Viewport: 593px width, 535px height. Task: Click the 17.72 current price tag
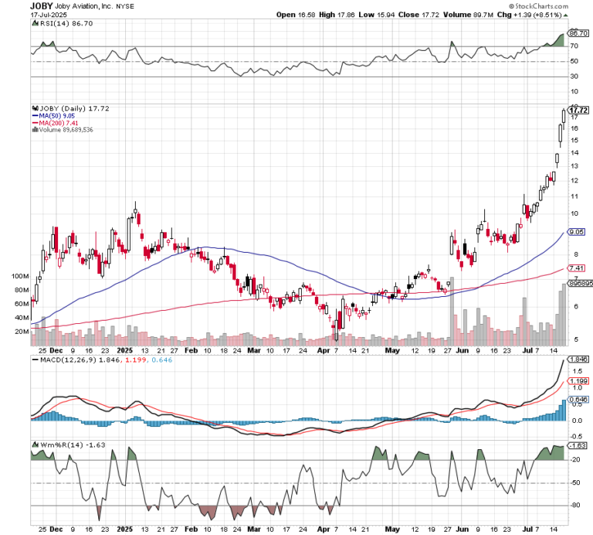pyautogui.click(x=578, y=110)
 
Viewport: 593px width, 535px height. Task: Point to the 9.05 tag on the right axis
pyautogui.click(x=575, y=231)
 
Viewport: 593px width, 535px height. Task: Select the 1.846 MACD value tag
pyautogui.click(x=577, y=360)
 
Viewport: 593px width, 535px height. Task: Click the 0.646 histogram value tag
pyautogui.click(x=577, y=399)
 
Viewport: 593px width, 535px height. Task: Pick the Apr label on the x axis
pyautogui.click(x=320, y=530)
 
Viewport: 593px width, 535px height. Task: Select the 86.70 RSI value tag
pyautogui.click(x=577, y=34)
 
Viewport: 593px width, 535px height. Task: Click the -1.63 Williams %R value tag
pyautogui.click(x=577, y=446)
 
